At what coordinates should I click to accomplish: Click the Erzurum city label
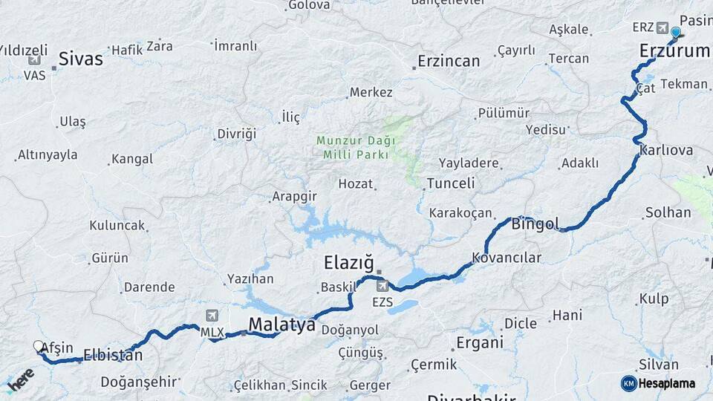[675, 51]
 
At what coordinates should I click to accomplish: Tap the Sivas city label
[80, 59]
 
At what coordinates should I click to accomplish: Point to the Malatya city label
[281, 325]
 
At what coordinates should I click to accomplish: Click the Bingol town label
[535, 224]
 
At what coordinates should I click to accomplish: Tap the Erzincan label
[449, 62]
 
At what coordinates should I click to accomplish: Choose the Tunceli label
[450, 183]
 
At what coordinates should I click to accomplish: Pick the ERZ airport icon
[662, 27]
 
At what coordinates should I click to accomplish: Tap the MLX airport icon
[214, 316]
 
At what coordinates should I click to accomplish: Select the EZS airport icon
[382, 286]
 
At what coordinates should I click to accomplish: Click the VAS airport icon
[33, 60]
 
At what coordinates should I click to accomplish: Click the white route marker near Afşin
[39, 346]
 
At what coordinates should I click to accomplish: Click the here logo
[21, 382]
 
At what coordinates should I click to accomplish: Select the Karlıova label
[665, 151]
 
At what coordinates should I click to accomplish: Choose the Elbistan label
[113, 355]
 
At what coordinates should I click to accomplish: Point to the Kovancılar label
[506, 258]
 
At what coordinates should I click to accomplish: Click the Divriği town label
[236, 134]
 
